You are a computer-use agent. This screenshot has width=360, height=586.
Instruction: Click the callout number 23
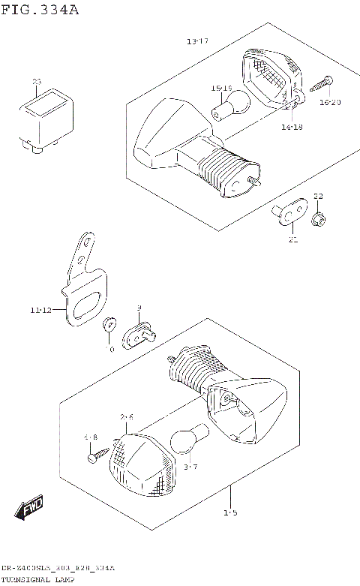point(36,81)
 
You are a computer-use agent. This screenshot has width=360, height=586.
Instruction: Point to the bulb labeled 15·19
point(225,106)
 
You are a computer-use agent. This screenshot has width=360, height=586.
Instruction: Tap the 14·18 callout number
point(292,128)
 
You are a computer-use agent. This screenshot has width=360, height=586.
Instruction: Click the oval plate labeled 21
point(289,211)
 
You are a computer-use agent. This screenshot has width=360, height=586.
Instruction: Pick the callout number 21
point(292,240)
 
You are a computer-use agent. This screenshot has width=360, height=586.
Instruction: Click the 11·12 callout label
point(42,309)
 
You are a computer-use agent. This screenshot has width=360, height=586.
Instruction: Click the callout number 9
point(139,309)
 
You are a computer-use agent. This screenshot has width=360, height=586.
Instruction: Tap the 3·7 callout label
point(190,467)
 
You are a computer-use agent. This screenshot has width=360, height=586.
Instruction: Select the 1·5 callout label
point(230,513)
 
